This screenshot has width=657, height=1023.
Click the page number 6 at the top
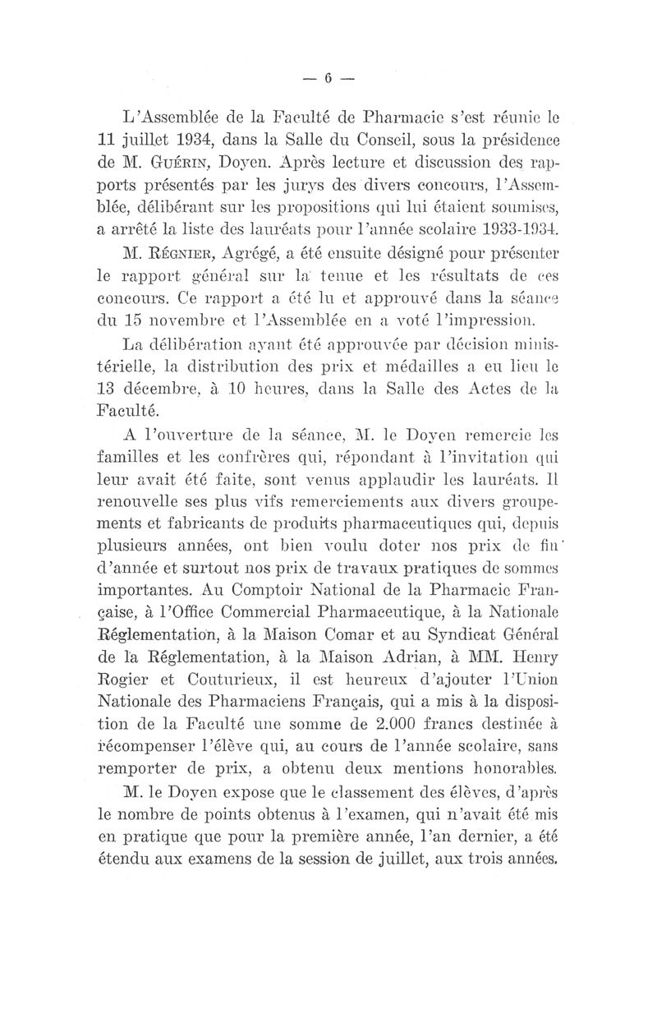pyautogui.click(x=326, y=79)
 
